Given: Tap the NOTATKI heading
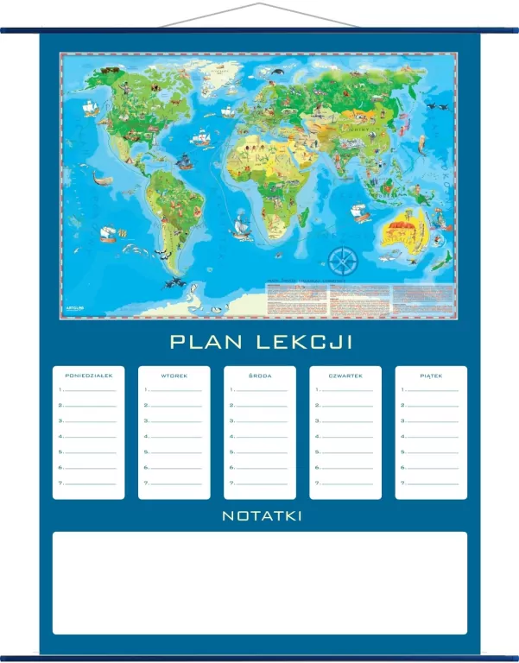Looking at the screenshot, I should pyautogui.click(x=262, y=516).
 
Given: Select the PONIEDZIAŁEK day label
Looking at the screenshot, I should pyautogui.click(x=89, y=376).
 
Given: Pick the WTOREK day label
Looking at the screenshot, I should pyautogui.click(x=174, y=376).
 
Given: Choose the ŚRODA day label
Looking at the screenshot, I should pyautogui.click(x=259, y=376).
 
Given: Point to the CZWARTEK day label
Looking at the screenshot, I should pyautogui.click(x=345, y=376).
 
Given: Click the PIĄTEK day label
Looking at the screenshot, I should pyautogui.click(x=431, y=376).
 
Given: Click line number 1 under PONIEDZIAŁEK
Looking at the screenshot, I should pyautogui.click(x=89, y=389).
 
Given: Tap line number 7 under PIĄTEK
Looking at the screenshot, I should pyautogui.click(x=431, y=483).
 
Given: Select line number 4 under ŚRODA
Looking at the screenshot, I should pyautogui.click(x=259, y=437).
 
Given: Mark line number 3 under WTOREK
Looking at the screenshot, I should pyautogui.click(x=174, y=421).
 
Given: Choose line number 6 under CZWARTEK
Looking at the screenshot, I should pyautogui.click(x=345, y=468).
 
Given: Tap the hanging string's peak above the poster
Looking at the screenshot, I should pyautogui.click(x=259, y=4).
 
